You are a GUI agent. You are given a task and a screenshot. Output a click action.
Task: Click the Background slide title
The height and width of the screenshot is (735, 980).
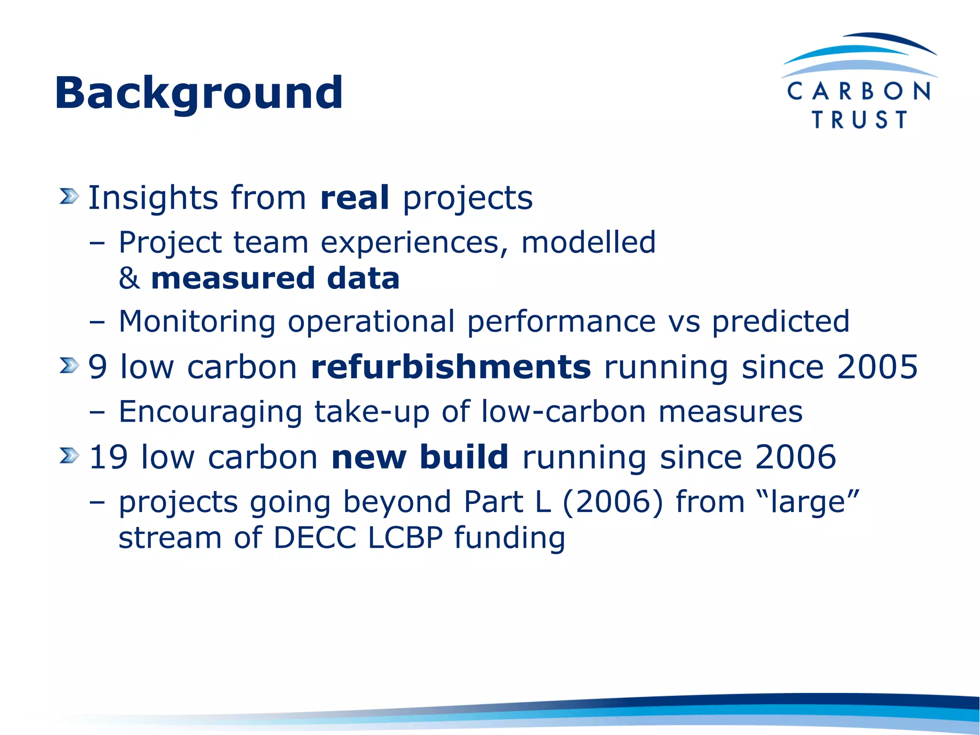coord(199,93)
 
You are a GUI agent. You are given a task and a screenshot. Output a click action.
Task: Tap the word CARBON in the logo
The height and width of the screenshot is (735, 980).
coord(859,91)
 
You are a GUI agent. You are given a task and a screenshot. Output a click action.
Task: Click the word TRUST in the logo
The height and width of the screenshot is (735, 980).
coord(859,120)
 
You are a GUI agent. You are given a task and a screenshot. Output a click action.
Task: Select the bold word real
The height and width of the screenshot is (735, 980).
coord(354,198)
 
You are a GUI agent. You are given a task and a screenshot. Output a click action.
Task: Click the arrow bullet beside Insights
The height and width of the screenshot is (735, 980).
coord(69,196)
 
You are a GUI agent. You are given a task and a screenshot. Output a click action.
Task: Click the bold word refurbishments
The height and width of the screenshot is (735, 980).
coord(451,367)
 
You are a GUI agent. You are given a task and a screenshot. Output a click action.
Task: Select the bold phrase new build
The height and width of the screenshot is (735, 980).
coord(420,457)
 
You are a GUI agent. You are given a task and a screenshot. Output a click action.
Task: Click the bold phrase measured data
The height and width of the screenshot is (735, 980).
coord(275,278)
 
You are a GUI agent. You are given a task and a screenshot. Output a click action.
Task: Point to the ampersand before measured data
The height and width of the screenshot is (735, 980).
coord(129,278)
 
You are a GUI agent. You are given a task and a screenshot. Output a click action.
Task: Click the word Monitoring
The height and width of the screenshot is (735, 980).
coord(197,321)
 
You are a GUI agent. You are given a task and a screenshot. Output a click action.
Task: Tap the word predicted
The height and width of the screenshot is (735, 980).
coord(780,321)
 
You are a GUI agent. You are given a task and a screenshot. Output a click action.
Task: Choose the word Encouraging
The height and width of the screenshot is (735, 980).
coord(210,412)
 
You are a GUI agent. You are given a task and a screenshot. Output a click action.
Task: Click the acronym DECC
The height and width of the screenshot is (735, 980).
coord(314,537)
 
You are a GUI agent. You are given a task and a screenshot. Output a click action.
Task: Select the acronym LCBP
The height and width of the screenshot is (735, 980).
coord(405,537)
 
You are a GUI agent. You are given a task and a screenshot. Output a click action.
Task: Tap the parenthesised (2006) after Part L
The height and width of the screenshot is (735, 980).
coord(613,502)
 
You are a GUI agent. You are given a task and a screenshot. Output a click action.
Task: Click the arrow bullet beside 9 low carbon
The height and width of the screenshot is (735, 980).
coord(69,366)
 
